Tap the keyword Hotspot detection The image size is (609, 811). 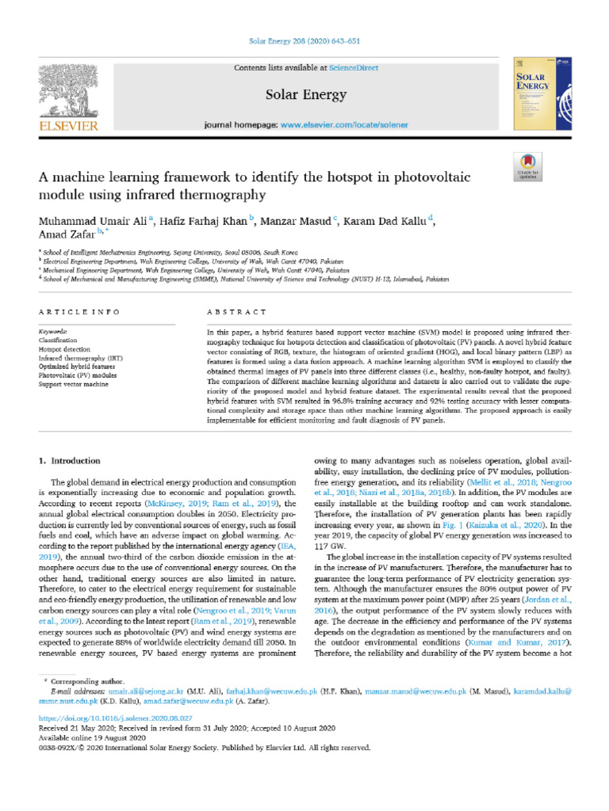click(66, 349)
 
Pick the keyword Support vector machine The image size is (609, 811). click(74, 383)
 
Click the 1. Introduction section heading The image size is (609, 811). click(70, 460)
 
